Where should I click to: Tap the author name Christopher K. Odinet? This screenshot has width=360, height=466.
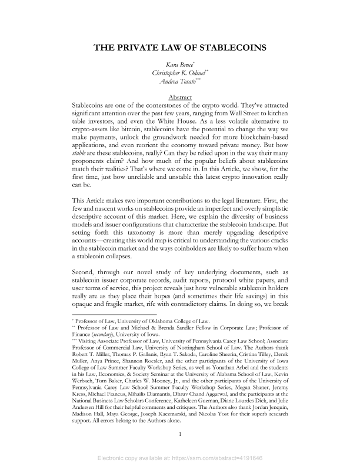coord(179,73)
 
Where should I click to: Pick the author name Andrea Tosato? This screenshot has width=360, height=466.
coord(179,82)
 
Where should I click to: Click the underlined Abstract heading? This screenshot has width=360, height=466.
coord(181,96)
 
